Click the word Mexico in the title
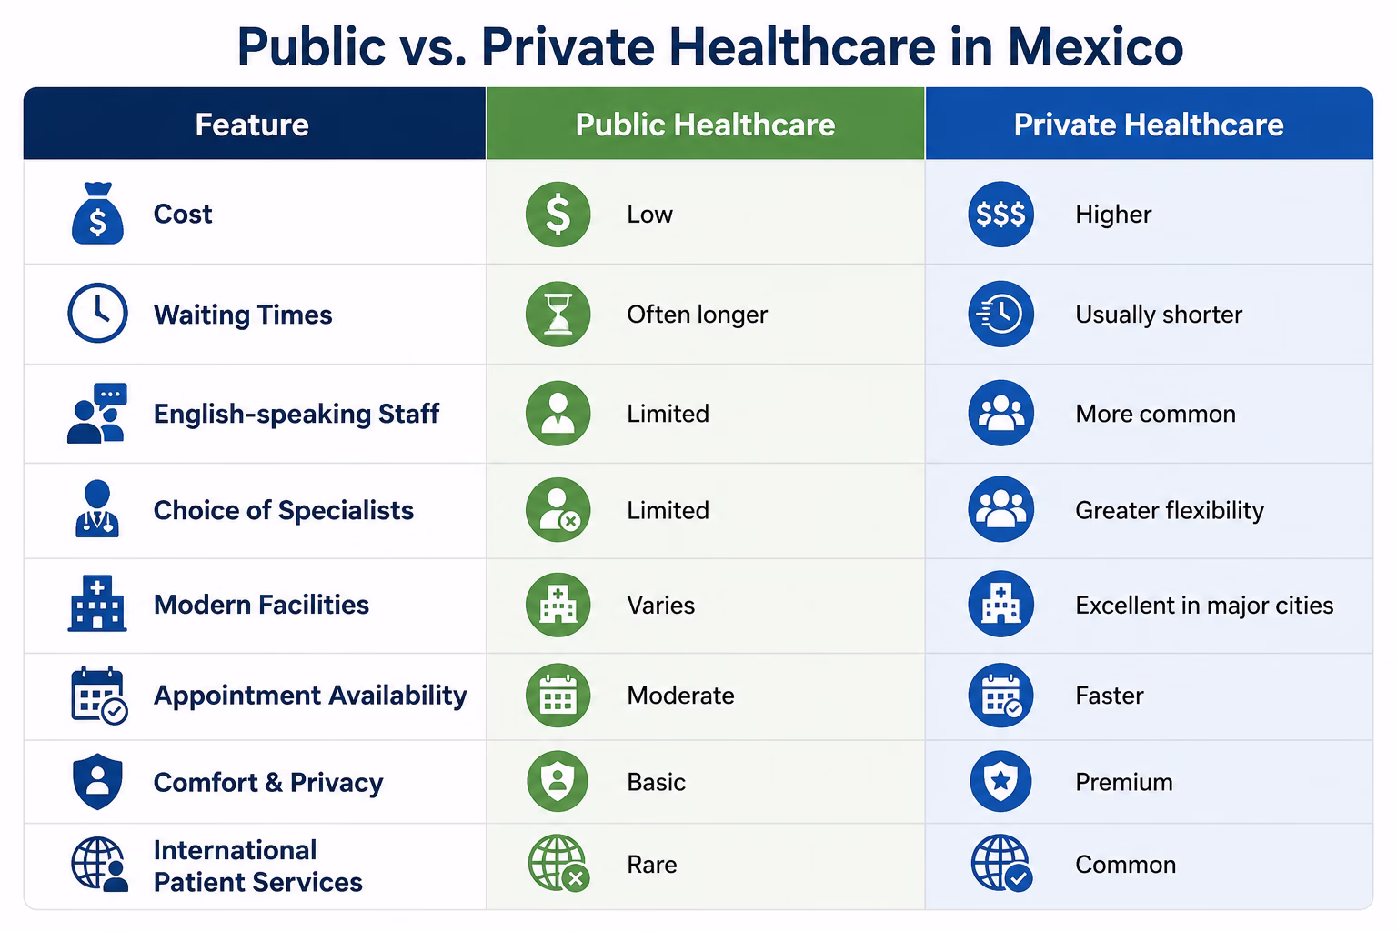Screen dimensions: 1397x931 tap(1095, 46)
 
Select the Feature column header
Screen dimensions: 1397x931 tap(252, 125)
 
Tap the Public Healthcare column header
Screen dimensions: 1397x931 tap(706, 125)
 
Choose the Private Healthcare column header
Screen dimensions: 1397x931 tap(1149, 125)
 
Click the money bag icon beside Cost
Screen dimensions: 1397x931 tap(97, 214)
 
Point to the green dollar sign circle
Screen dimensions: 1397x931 tap(558, 214)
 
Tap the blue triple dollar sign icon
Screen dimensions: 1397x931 tap(1000, 214)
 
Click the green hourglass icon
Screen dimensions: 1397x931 tap(558, 314)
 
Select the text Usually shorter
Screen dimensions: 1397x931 tap(1159, 315)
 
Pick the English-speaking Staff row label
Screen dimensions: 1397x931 tap(296, 414)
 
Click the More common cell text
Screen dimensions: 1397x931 tap(1156, 414)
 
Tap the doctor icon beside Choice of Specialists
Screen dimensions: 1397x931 tap(96, 509)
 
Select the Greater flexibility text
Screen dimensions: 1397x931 tap(1170, 511)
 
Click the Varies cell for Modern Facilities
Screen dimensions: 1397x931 tap(661, 606)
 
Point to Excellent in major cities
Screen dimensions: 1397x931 tap(1204, 606)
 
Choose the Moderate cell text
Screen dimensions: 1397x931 tap(681, 696)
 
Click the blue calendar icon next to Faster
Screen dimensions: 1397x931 tap(1000, 696)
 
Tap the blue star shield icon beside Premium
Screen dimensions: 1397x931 tap(1000, 781)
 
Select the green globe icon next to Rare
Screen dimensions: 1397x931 tap(558, 864)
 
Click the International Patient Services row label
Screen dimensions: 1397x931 tap(257, 866)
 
